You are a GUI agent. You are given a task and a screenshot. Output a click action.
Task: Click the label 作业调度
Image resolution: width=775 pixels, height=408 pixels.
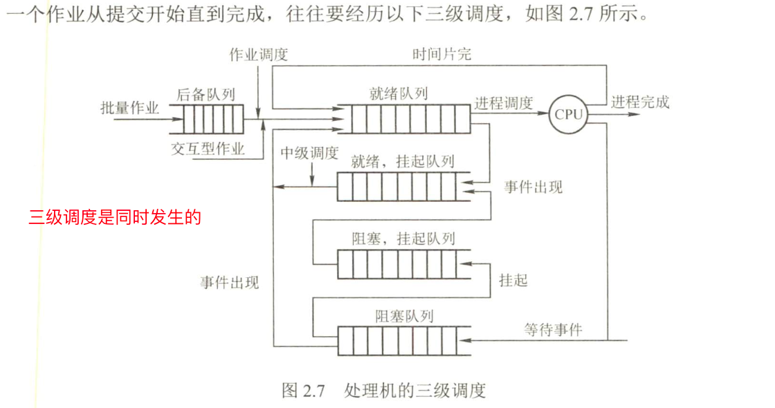tap(258, 55)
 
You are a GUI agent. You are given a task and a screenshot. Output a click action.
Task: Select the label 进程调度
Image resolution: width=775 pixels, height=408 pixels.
tap(504, 103)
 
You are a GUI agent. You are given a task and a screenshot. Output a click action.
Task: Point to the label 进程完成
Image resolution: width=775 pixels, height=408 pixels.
tap(640, 102)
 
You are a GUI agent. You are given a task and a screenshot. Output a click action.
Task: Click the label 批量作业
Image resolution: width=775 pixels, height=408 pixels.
tap(130, 108)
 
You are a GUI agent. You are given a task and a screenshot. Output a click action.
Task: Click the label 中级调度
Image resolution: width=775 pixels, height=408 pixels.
tap(309, 153)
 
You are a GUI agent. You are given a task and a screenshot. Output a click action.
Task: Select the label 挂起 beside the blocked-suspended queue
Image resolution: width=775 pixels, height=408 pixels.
tap(513, 280)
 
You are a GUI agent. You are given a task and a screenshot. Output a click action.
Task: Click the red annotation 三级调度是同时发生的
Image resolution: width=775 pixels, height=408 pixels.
tap(115, 217)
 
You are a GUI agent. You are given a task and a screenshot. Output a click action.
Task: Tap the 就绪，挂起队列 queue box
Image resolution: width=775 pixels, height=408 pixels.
tap(397, 186)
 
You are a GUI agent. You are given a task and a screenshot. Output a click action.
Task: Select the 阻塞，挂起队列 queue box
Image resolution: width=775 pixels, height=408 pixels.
tap(397, 263)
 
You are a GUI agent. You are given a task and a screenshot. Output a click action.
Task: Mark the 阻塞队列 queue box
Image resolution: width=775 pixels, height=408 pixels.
tap(397, 340)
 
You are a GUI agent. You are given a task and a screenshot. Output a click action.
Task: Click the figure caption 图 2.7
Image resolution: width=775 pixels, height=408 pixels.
tap(303, 390)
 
